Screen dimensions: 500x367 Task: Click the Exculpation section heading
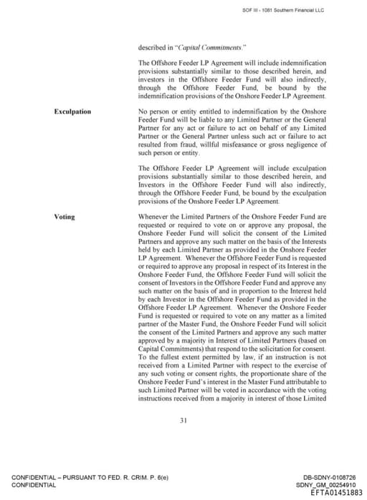coord(72,112)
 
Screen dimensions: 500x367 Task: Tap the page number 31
coord(183,420)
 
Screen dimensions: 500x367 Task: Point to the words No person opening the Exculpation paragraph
coord(152,112)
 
